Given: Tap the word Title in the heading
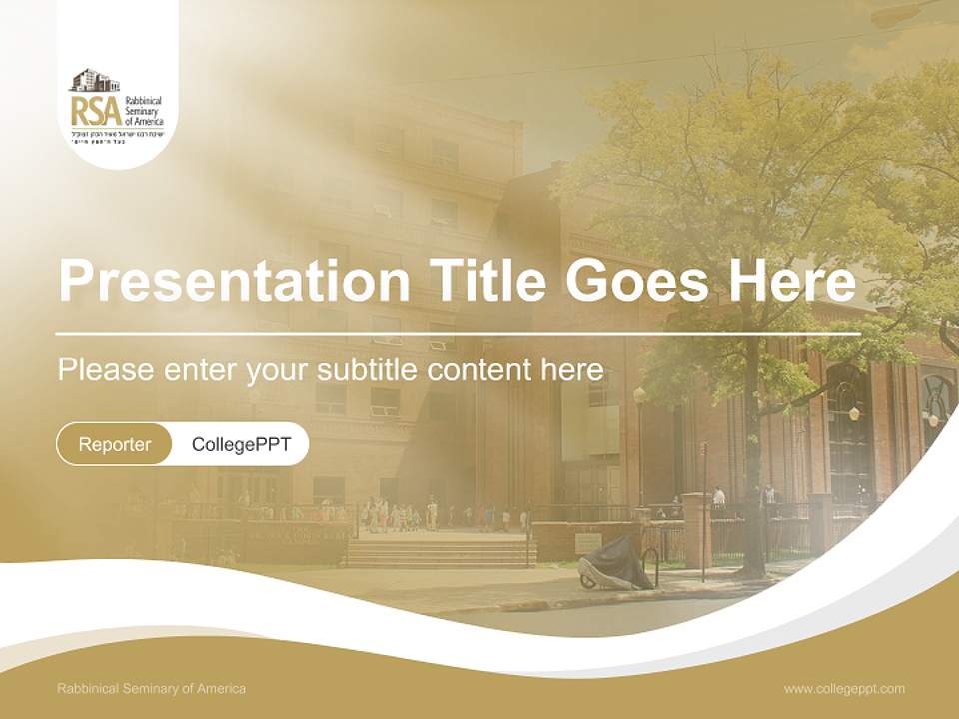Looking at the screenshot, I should [x=486, y=282].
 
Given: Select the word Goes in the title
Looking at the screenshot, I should [x=635, y=282].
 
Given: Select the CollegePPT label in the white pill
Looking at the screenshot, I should [x=241, y=444].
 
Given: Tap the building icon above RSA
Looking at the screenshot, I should [x=94, y=81].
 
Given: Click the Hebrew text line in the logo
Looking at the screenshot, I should [x=116, y=133].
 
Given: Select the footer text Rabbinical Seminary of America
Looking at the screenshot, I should [x=151, y=689].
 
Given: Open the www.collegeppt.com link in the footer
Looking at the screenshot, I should [x=844, y=689].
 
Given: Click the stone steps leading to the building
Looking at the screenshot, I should [x=440, y=552].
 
